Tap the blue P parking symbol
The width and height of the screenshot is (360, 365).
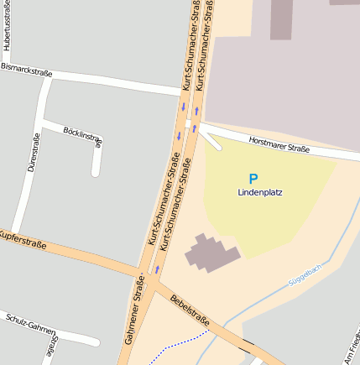pos(253,179)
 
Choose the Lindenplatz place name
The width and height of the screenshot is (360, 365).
pos(260,192)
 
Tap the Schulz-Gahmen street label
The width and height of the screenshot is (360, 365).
pos(30,325)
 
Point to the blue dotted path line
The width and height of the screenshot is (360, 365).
pos(180,342)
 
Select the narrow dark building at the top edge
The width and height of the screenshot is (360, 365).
pos(281,19)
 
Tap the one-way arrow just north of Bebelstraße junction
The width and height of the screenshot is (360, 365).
pos(157,269)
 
